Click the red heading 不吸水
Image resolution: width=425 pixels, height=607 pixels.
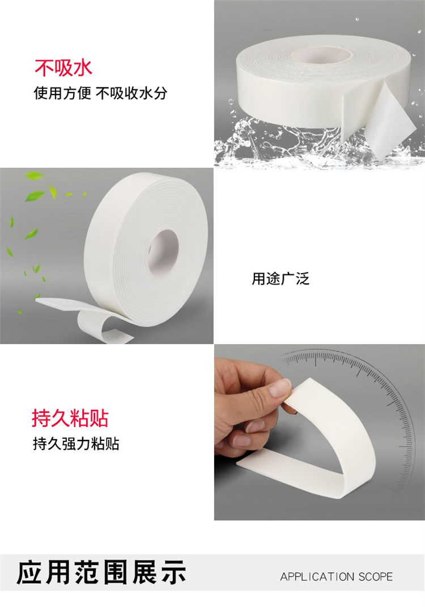pyautogui.click(x=63, y=68)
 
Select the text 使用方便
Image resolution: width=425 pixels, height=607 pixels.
pyautogui.click(x=62, y=94)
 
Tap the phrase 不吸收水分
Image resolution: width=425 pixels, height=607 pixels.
pyautogui.click(x=131, y=94)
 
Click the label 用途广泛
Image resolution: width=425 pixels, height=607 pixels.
pyautogui.click(x=280, y=279)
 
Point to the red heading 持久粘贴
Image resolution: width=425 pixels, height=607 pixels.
pyautogui.click(x=70, y=418)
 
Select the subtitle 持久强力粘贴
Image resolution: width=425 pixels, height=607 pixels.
pyautogui.click(x=76, y=444)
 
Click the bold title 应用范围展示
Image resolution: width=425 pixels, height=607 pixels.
pyautogui.click(x=101, y=572)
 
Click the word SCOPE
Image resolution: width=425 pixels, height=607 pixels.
pyautogui.click(x=376, y=577)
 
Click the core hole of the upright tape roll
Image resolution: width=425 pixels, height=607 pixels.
pyautogui.click(x=163, y=253)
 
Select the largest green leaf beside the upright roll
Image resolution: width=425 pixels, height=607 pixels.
pyautogui.click(x=35, y=196)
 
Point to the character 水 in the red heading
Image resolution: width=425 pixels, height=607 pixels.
pyautogui.click(x=83, y=68)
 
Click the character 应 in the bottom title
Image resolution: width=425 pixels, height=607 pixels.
pyautogui.click(x=29, y=572)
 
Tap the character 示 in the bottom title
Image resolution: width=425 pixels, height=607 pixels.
pyautogui.click(x=174, y=572)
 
